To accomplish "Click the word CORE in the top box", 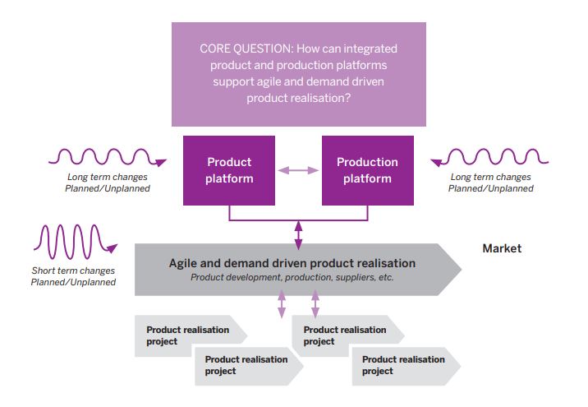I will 216,49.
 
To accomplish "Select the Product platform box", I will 229,170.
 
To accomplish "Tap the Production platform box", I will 366,170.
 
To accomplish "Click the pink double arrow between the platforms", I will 298,170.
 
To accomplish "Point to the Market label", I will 501,248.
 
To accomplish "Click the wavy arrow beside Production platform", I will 490,155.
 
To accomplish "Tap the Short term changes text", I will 73,271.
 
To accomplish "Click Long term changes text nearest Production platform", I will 490,177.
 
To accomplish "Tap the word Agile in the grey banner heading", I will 184,263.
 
